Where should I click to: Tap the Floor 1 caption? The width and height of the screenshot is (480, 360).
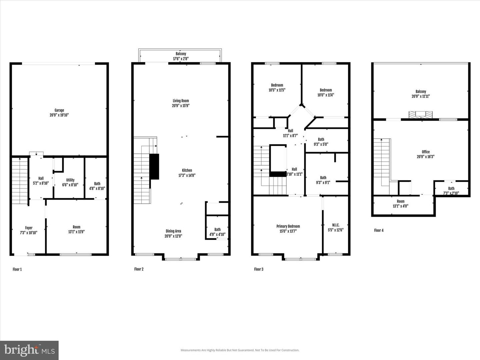pyautogui.click(x=17, y=269)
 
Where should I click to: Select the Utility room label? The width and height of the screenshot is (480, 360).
pyautogui.click(x=70, y=180)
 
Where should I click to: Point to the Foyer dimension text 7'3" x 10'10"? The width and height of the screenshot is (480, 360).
pyautogui.click(x=29, y=233)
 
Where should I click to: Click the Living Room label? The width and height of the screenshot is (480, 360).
pyautogui.click(x=181, y=101)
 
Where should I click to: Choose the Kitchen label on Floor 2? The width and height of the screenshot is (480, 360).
pyautogui.click(x=187, y=170)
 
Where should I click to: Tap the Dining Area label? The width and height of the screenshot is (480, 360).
pyautogui.click(x=173, y=231)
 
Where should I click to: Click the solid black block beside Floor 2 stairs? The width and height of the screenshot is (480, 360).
pyautogui.click(x=154, y=167)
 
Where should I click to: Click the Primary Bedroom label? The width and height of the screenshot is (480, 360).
pyautogui.click(x=288, y=226)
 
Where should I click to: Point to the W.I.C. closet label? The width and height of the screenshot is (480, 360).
pyautogui.click(x=336, y=225)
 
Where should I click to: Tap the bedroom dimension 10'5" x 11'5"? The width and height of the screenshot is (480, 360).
pyautogui.click(x=277, y=90)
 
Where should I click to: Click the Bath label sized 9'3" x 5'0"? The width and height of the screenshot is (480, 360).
pyautogui.click(x=321, y=139)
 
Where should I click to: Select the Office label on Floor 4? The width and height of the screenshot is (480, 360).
pyautogui.click(x=426, y=152)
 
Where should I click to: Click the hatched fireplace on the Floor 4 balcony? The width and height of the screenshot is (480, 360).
pyautogui.click(x=421, y=115)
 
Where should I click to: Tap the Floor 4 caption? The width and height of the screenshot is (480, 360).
pyautogui.click(x=379, y=230)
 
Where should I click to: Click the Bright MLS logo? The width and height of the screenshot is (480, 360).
pyautogui.click(x=29, y=350)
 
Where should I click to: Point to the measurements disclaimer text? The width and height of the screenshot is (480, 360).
pyautogui.click(x=240, y=350)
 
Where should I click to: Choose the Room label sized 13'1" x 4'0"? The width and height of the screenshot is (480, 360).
pyautogui.click(x=401, y=201)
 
